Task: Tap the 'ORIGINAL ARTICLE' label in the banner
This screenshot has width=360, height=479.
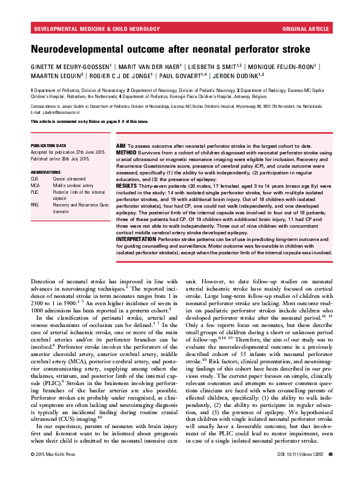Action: (x=305, y=28)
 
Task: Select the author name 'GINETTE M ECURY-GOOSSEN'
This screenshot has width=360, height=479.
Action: (x=70, y=66)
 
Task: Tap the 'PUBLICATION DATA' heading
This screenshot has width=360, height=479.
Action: (x=48, y=146)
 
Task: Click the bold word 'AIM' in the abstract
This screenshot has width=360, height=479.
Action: (x=120, y=146)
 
